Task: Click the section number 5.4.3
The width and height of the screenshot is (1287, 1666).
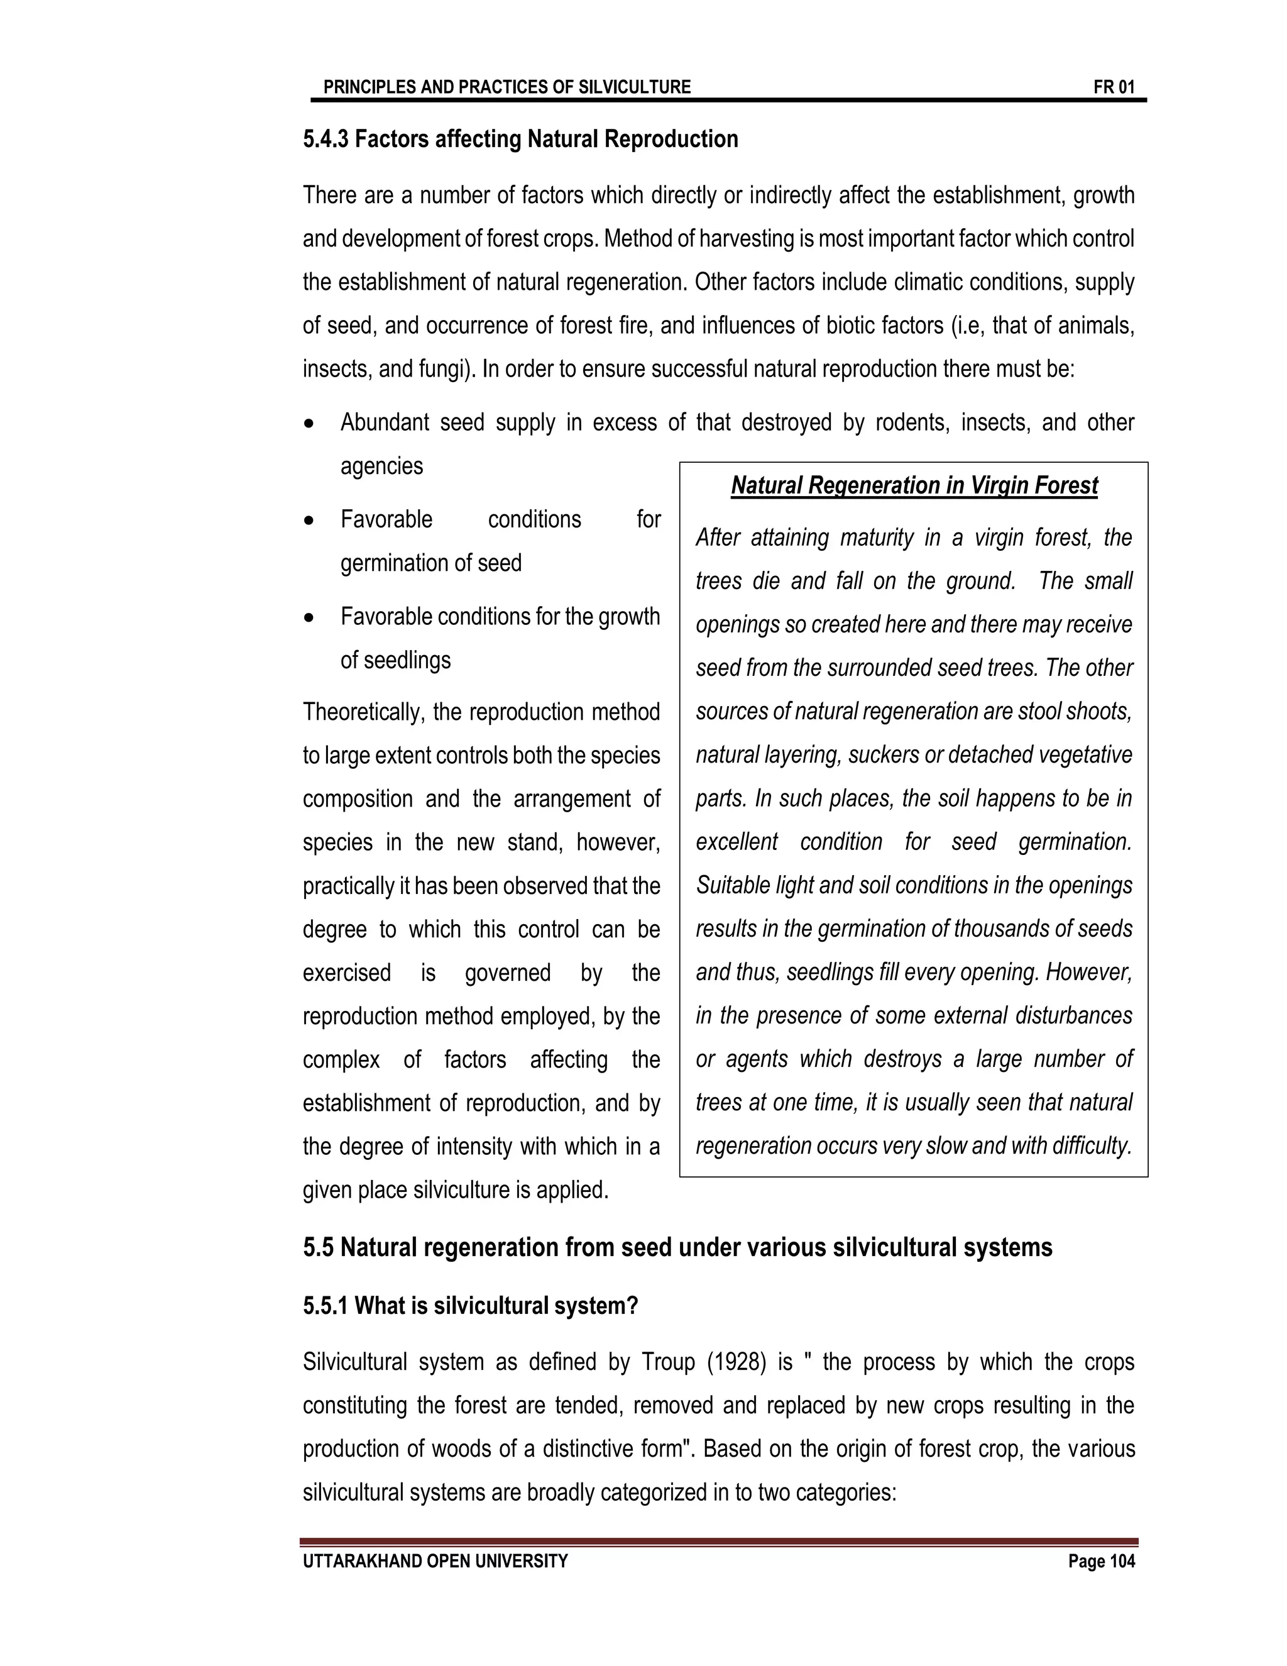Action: (x=326, y=140)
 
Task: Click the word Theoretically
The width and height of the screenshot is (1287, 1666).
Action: (x=363, y=712)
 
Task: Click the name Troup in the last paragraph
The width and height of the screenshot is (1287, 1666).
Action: (x=667, y=1362)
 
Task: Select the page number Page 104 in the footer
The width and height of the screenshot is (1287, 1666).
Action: (x=1101, y=1562)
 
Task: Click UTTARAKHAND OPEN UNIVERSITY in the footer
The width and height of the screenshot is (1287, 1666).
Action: (x=435, y=1562)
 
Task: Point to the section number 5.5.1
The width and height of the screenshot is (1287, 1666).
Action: (x=326, y=1306)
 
